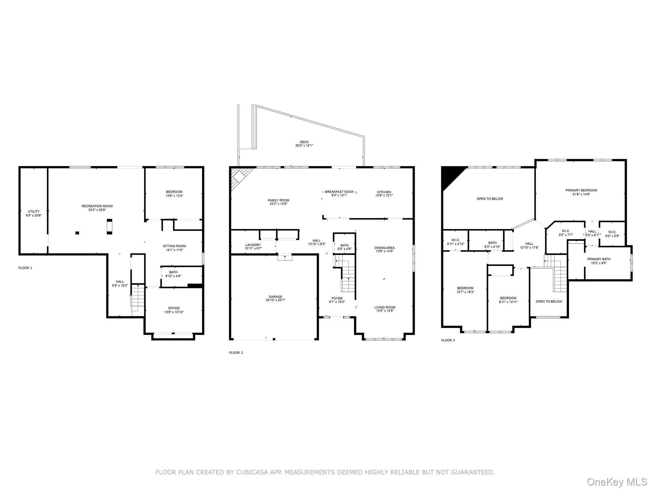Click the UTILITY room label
coord(33,212)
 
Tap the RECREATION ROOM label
coord(97,206)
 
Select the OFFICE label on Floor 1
coord(174,308)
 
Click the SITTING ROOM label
coord(174,246)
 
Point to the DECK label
coord(304,142)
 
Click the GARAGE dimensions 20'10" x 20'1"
coord(275,300)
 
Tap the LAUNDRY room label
coord(253,245)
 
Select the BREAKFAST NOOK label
coord(339,192)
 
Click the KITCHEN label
coord(384,192)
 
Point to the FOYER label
coord(337,299)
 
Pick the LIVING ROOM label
coord(385,308)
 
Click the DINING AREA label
coord(385,248)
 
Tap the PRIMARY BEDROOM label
coord(581,190)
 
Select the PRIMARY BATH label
coord(599,259)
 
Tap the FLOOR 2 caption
coord(236,353)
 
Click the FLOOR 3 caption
coord(448,340)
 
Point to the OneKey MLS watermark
coord(617,482)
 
